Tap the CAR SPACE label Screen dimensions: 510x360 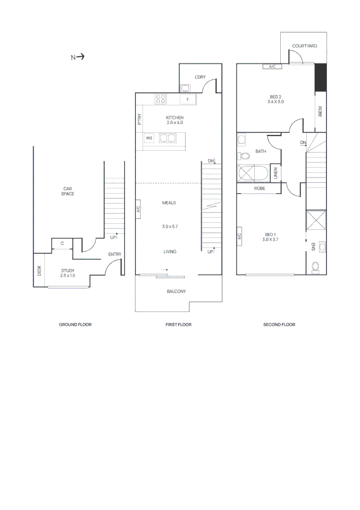point(68,191)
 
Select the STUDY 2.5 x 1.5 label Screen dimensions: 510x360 point(68,273)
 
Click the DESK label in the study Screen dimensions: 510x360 point(39,271)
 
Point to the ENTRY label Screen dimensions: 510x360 point(115,255)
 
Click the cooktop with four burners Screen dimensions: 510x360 point(160,100)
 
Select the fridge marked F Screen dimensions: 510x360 point(188,100)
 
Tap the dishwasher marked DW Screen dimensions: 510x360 point(149,138)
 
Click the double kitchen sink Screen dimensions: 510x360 point(167,138)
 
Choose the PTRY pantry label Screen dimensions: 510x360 point(139,118)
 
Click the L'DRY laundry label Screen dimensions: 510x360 point(200,76)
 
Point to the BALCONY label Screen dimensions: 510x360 point(176,291)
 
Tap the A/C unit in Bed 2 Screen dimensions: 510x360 point(272,67)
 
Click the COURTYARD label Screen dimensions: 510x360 point(304,46)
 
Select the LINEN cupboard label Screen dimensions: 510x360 point(276,173)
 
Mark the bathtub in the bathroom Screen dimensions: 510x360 point(253,173)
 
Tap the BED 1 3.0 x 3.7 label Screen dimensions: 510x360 point(270,237)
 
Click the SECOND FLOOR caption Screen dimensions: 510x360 point(279,325)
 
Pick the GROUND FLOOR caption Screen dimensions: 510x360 point(75,325)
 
